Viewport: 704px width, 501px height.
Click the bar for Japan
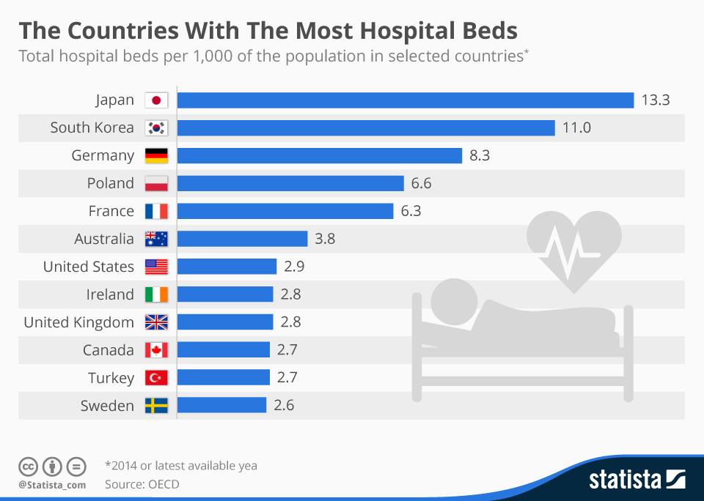point(405,100)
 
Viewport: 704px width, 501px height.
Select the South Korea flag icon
point(156,128)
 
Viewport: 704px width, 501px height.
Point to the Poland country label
point(111,183)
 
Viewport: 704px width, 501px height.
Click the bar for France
point(285,211)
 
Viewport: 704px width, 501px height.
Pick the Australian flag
point(156,239)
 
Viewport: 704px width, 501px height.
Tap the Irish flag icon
point(156,294)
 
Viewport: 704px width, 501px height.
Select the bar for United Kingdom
point(225,322)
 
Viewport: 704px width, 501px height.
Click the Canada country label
point(109,350)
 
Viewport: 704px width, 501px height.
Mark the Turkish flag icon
point(156,378)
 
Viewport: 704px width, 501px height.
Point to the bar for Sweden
point(221,406)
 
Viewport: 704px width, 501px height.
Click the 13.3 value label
point(656,100)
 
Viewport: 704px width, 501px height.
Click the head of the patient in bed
point(450,300)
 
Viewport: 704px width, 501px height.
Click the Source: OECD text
point(142,484)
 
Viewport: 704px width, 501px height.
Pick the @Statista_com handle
point(52,485)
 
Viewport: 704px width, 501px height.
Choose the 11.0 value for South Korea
point(576,128)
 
